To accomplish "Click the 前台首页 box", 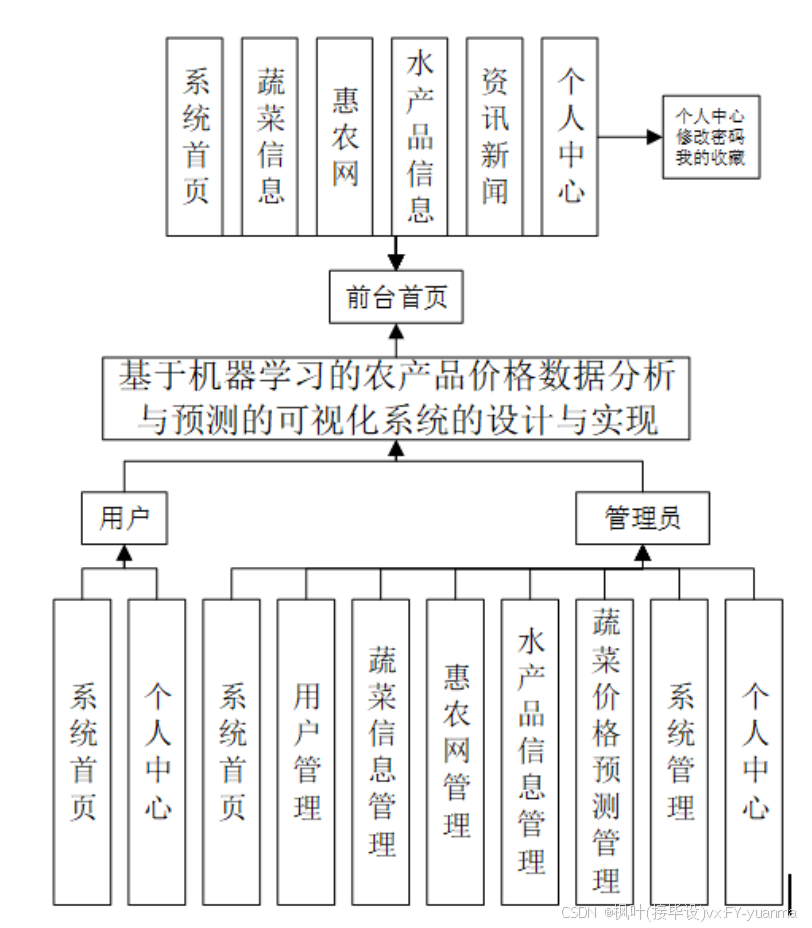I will pos(396,298).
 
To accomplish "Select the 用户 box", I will pos(124,518).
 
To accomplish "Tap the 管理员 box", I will pos(643,518).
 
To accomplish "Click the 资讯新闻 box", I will pos(495,136).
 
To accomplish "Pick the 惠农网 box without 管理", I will pos(345,136).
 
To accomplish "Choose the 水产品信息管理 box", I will pos(530,752).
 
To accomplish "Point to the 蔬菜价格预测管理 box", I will pos(605,752).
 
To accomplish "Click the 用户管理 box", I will pos(306,752).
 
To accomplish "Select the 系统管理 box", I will pos(680,752).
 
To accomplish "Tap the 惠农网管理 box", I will pos(456,752).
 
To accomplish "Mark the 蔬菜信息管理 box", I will pos(381,752).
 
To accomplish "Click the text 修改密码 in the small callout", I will pos(710,137).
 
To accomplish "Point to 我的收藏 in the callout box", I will pos(710,157).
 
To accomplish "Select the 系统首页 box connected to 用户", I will pos(83,752).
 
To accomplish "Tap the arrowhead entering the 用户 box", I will pos(124,552).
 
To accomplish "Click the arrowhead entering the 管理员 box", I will pos(643,551).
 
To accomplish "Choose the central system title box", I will pos(396,399).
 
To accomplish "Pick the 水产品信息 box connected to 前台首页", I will pos(420,136).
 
